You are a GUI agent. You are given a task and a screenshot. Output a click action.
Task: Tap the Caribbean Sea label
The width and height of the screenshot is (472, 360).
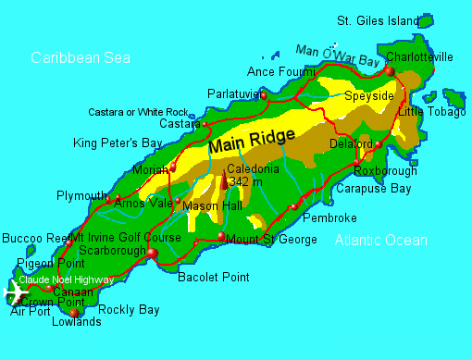(x=81, y=57)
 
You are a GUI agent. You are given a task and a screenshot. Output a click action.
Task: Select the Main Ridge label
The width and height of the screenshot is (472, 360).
(x=252, y=142)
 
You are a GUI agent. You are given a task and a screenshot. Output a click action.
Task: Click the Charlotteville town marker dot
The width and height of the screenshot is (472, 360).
(x=390, y=71)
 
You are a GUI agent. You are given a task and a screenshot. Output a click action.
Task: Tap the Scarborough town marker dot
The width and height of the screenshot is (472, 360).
(x=153, y=252)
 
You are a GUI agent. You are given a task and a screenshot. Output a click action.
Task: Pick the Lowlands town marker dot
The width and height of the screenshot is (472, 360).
(x=74, y=312)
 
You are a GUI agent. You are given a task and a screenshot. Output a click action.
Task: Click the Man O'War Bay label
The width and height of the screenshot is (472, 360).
(x=337, y=55)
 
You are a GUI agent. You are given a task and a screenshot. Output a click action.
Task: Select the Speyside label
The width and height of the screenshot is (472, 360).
(x=368, y=95)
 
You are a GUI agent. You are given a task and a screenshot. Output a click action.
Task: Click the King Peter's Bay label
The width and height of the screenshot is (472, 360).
(x=118, y=143)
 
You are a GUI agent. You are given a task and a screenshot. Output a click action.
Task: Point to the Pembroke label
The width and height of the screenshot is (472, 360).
(x=329, y=217)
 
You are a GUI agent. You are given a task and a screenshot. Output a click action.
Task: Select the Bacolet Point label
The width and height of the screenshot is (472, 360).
(x=213, y=277)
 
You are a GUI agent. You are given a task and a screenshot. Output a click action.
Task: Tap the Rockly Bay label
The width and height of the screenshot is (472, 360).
(x=129, y=310)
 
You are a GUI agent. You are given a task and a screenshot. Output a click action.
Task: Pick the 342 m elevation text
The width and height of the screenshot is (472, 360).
(x=245, y=182)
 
